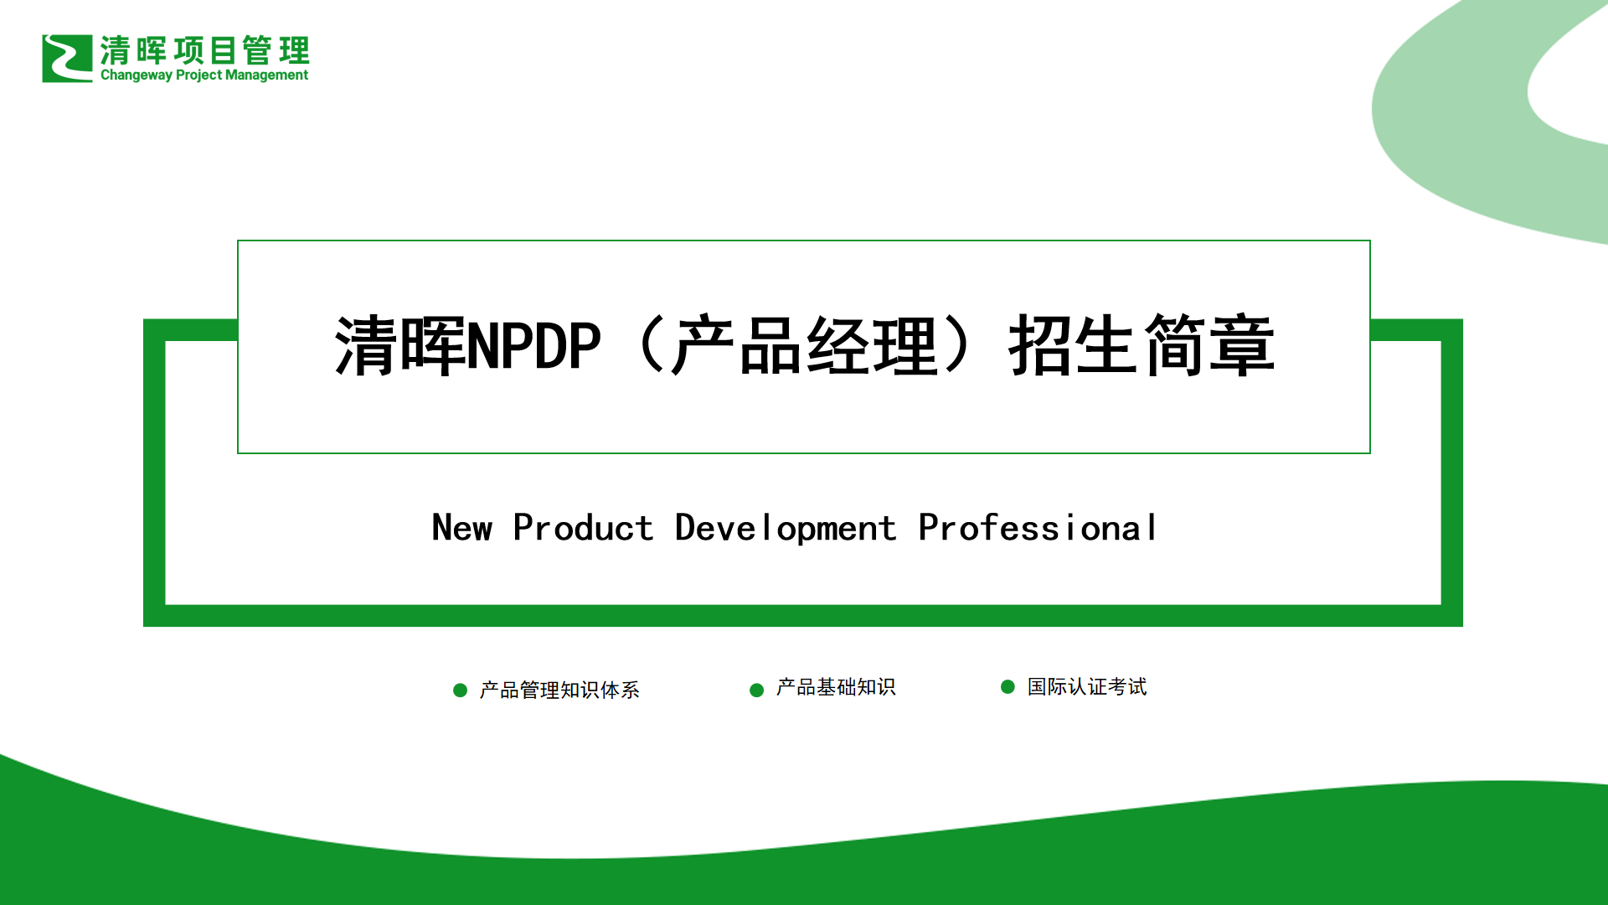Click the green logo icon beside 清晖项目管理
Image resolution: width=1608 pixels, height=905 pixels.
click(67, 59)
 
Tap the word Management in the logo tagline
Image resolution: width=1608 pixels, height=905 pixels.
click(266, 75)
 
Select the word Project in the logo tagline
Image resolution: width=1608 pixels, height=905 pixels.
click(199, 75)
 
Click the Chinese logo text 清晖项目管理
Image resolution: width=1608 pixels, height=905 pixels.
click(205, 50)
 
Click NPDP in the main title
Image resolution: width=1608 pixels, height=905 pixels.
click(533, 345)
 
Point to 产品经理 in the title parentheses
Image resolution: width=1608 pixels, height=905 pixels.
click(804, 345)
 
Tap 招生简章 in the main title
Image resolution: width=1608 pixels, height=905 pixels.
click(1142, 345)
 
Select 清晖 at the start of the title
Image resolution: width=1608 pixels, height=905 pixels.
click(399, 345)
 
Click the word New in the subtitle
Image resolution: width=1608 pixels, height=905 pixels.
click(462, 528)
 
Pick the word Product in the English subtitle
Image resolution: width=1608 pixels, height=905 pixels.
click(583, 528)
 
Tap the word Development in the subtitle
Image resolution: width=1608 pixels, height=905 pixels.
click(786, 529)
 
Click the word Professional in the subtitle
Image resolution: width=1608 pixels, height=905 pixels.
click(1038, 528)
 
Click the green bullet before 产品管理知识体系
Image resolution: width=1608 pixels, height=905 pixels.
click(460, 690)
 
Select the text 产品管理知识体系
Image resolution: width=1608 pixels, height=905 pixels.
click(559, 690)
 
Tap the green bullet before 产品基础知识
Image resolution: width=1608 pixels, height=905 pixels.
click(756, 690)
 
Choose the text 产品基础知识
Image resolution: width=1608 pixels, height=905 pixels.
click(836, 687)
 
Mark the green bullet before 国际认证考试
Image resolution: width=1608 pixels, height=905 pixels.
click(1008, 687)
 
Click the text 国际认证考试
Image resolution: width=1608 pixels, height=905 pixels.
click(1087, 687)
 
